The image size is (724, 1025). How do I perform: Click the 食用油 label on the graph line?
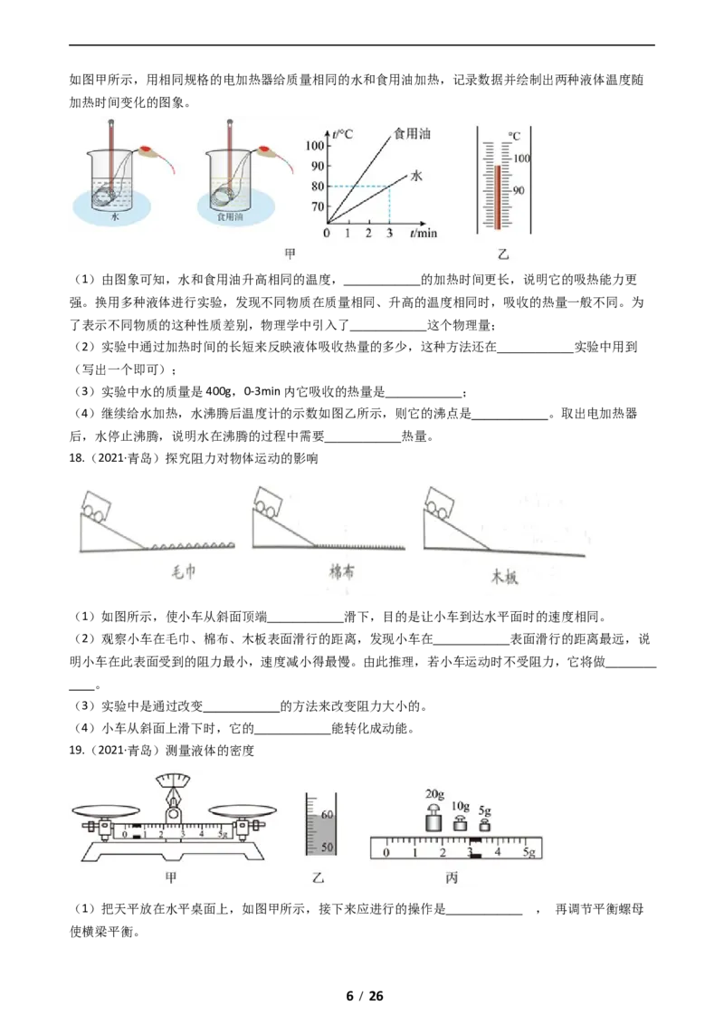412,133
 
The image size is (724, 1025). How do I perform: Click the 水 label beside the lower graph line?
416,175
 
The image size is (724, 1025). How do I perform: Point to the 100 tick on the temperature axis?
314,145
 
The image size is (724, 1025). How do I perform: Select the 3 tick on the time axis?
389,233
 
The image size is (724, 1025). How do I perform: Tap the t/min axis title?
424,233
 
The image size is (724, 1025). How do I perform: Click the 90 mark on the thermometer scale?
519,190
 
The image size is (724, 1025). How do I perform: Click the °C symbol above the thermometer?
515,136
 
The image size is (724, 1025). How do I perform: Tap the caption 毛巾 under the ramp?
184,572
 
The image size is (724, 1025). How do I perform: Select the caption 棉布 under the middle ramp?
342,572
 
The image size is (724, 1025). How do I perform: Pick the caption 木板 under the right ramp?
504,576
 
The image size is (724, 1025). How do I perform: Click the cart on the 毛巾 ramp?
96,504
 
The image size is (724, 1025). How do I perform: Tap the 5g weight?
484,824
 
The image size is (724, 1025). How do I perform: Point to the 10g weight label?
461,807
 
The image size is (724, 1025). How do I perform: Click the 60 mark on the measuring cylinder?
327,815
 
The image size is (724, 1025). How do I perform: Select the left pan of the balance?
106,809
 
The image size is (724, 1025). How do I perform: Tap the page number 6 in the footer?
350,996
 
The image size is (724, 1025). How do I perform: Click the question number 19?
76,751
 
